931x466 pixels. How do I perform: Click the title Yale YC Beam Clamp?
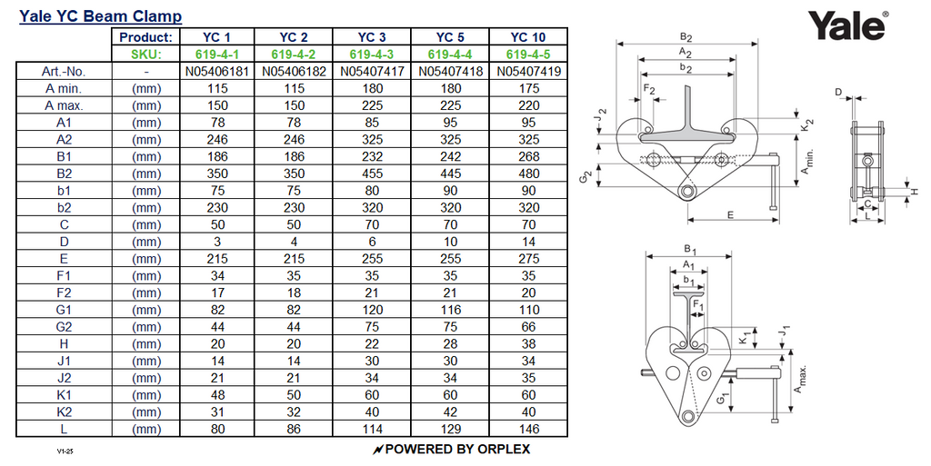pyautogui.click(x=101, y=16)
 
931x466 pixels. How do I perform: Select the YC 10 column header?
pyautogui.click(x=527, y=37)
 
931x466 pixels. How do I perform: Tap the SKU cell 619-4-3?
pyautogui.click(x=371, y=55)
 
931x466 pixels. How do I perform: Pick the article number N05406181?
pyautogui.click(x=215, y=71)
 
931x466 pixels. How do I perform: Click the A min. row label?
pyautogui.click(x=63, y=88)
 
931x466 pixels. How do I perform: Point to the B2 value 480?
pyautogui.click(x=527, y=174)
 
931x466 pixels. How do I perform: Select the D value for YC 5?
pyautogui.click(x=449, y=242)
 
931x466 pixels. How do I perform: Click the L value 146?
pyautogui.click(x=527, y=429)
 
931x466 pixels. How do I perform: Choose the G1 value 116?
pyautogui.click(x=449, y=310)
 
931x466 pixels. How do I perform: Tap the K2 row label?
pyautogui.click(x=63, y=411)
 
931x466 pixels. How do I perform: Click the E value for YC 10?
pyautogui.click(x=527, y=259)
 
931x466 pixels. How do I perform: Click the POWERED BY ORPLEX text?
pyautogui.click(x=451, y=449)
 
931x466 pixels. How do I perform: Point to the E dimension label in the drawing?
pyautogui.click(x=731, y=214)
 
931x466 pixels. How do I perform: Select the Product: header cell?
pyautogui.click(x=145, y=37)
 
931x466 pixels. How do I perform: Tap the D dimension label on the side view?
pyautogui.click(x=838, y=91)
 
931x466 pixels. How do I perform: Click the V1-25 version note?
pyautogui.click(x=63, y=450)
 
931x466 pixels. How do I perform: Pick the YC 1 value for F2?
pyautogui.click(x=215, y=292)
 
